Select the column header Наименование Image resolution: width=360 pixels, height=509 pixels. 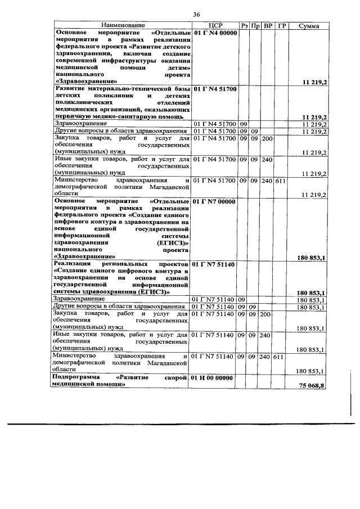123,26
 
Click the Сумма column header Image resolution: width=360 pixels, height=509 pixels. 309,26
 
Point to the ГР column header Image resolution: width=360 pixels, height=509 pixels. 282,26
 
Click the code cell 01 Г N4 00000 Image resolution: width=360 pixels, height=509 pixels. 216,33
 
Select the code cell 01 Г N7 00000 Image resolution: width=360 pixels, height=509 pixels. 216,201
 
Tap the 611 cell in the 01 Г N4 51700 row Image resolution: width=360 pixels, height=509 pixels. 281,181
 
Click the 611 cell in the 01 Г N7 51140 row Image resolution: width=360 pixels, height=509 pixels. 281,357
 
